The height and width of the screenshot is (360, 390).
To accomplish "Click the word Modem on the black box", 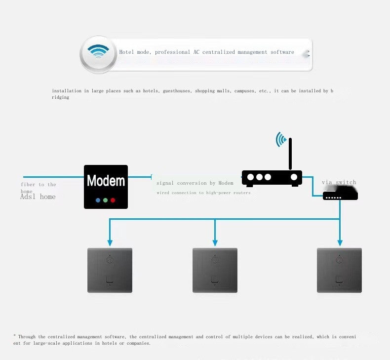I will coord(106,181).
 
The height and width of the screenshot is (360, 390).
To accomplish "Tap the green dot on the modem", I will coord(106,200).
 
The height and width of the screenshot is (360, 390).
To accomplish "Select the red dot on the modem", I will coord(113,200).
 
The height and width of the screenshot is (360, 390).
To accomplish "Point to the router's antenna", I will coord(291,155).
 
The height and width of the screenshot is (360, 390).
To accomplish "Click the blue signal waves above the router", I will coord(281,139).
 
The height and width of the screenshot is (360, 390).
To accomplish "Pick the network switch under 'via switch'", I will coord(340,196).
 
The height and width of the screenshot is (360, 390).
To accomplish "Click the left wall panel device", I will coord(110,270).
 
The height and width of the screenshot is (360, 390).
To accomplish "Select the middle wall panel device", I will coord(215,270).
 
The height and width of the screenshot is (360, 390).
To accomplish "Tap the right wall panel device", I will coord(339,270).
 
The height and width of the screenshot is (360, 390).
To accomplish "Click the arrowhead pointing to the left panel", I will coord(110,242).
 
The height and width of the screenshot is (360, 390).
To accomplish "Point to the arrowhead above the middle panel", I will coord(215,242).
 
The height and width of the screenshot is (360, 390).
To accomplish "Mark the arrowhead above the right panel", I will coord(340,242).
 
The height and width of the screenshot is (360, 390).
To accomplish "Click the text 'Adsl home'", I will coord(38,197).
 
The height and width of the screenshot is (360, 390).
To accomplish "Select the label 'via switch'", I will coord(339,182).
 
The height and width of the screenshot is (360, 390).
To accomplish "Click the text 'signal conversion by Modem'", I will coord(195,183).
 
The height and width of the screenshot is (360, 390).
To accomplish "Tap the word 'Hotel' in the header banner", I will coord(127,52).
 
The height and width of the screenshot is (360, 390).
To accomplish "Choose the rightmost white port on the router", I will coord(294,177).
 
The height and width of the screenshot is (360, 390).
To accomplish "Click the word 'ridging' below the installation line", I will coord(61,97).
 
